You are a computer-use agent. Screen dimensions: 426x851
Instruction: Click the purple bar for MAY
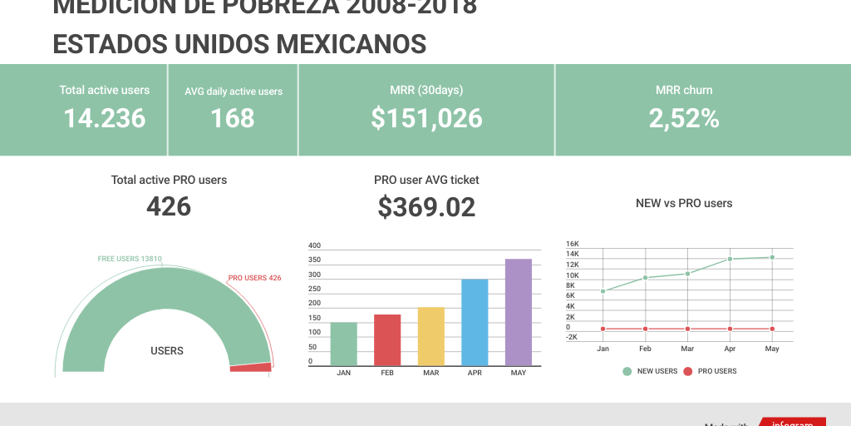coord(519,313)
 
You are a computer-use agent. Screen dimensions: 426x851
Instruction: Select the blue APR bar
coord(475,323)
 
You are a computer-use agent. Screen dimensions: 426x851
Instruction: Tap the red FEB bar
coord(387,340)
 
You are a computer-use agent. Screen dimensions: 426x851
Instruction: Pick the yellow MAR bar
coord(430,337)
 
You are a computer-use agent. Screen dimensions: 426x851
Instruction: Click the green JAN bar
coord(343,344)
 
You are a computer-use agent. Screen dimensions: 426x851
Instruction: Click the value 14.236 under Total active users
coord(105,118)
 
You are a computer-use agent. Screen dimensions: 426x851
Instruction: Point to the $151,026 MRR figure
coord(426,118)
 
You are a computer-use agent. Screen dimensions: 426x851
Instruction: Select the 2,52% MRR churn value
coord(684,118)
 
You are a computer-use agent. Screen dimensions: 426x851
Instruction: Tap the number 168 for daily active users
coord(233,118)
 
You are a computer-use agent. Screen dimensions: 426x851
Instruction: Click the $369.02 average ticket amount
coord(426,207)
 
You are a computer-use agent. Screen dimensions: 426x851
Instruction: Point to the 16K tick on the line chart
coord(573,244)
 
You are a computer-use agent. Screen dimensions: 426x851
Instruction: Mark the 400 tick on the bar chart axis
coord(314,245)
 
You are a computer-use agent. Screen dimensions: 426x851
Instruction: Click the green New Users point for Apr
coord(730,259)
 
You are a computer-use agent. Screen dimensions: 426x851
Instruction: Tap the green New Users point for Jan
coord(603,291)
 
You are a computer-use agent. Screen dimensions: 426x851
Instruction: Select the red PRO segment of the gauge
coord(251,367)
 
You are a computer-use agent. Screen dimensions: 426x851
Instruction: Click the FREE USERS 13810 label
coord(130,259)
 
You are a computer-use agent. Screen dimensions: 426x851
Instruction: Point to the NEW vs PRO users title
coord(684,203)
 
